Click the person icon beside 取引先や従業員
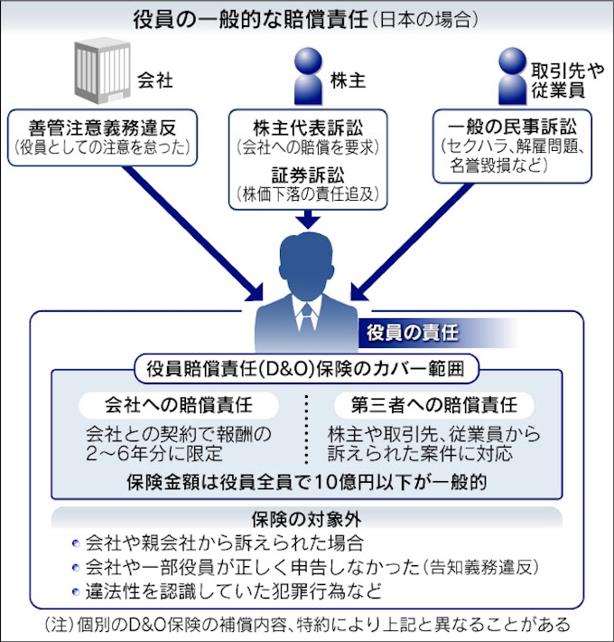[516, 75]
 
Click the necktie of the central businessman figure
[308, 316]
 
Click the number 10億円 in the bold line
[348, 482]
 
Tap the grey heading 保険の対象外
[307, 521]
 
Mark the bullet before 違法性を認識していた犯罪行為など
[74, 592]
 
